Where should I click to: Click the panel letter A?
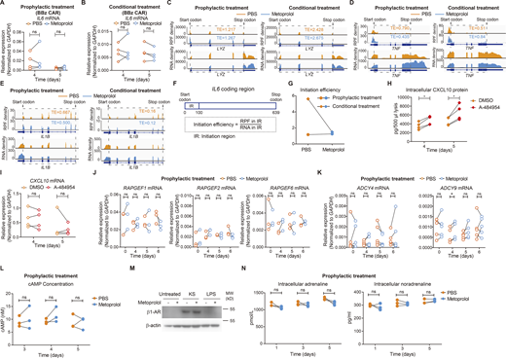(4, 4)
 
